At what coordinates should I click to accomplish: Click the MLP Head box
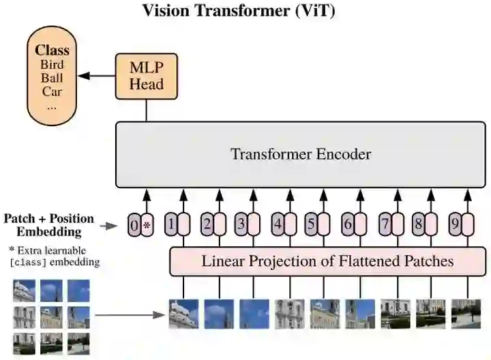point(146,76)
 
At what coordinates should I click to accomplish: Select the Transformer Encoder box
point(300,154)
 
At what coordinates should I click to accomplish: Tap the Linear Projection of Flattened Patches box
point(327,261)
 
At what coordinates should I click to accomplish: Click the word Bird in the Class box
point(53,65)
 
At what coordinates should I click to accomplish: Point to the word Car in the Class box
point(53,91)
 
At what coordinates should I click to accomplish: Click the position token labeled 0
point(134,224)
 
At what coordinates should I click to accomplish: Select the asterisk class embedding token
point(147,224)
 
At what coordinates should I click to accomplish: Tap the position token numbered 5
point(311,223)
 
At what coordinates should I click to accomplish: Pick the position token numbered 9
point(453,223)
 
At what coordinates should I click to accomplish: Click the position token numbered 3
point(240,223)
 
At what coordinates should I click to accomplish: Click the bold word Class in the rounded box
point(53,50)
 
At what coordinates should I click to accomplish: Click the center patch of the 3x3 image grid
point(51,317)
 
